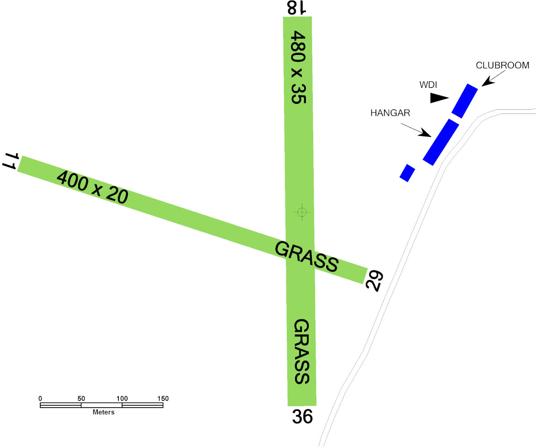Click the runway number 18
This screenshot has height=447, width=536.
tap(296, 7)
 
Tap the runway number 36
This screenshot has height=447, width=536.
tap(302, 417)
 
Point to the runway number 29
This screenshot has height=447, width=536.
tap(374, 281)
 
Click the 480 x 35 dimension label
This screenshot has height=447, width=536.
tap(298, 67)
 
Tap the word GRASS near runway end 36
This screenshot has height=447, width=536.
tap(302, 351)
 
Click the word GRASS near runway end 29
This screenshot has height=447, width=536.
tap(306, 257)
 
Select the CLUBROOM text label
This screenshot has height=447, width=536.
tap(503, 65)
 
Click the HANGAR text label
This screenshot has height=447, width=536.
tap(390, 113)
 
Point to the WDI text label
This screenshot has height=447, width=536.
tap(428, 85)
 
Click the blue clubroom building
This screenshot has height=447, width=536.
tap(465, 101)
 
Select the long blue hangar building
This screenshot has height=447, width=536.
tap(441, 142)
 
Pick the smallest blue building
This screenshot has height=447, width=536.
tap(407, 173)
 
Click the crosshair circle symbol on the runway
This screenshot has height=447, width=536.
tap(302, 212)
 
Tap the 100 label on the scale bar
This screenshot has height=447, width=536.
tap(122, 399)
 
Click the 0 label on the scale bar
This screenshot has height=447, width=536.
tap(40, 399)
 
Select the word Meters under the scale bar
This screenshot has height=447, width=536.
tap(103, 413)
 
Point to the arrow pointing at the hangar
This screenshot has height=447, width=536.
tap(416, 130)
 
